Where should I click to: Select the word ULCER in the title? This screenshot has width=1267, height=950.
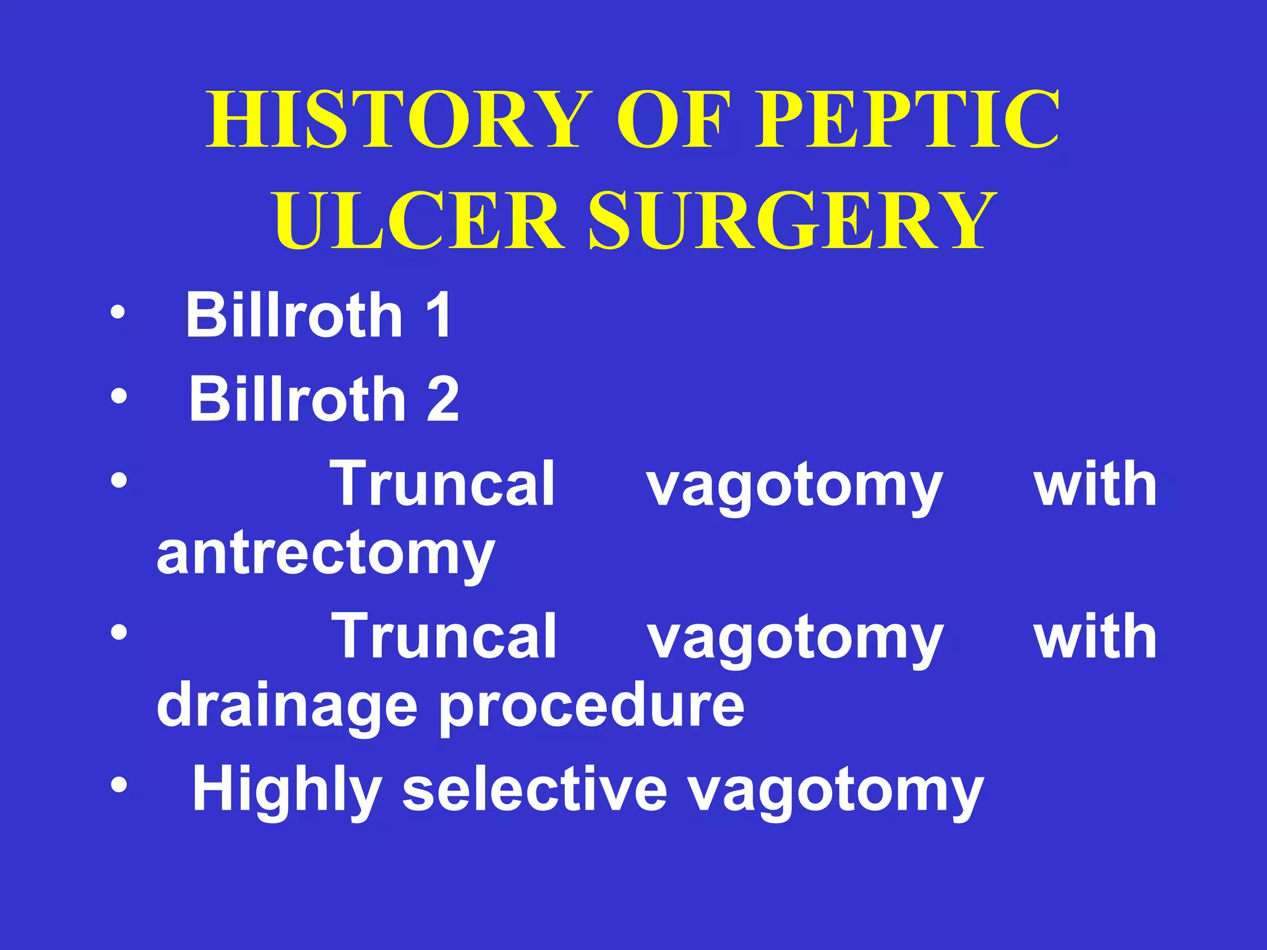tap(418, 221)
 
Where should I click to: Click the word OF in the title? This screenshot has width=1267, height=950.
tap(671, 120)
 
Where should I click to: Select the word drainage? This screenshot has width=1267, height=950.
tap(287, 706)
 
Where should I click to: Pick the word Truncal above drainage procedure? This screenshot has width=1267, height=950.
tap(444, 636)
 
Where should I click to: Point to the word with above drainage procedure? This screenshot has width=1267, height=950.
tap(1095, 636)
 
